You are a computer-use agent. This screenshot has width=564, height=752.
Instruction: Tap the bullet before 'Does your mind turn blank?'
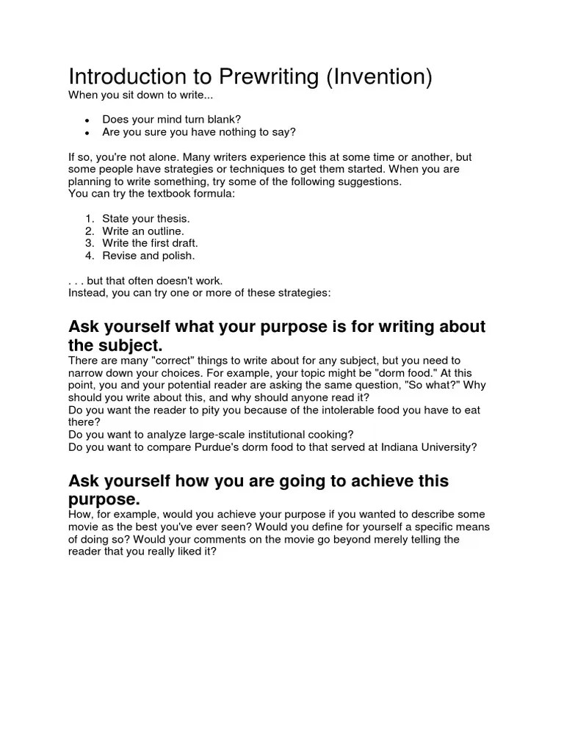click(x=87, y=120)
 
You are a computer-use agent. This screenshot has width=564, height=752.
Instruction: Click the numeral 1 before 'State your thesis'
click(x=88, y=219)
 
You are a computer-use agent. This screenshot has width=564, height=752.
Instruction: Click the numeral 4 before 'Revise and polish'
click(x=88, y=256)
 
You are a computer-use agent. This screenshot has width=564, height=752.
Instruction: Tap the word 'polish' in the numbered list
click(x=179, y=256)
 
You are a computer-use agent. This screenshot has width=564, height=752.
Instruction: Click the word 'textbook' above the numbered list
click(x=153, y=194)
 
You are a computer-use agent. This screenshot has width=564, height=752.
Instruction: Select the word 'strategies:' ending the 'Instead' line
click(x=305, y=293)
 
